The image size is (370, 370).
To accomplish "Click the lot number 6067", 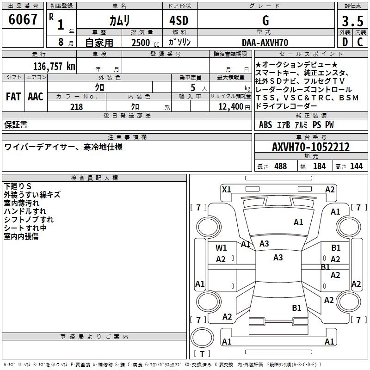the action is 23,19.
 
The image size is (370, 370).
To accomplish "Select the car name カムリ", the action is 119,20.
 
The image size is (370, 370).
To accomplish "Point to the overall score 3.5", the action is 351,21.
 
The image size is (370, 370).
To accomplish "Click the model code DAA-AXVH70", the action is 265,43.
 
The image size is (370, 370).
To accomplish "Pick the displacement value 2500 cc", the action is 142,43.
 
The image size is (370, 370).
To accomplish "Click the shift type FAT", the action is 13,97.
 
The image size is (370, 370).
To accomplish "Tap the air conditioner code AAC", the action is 36,97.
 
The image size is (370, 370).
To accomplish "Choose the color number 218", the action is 76,107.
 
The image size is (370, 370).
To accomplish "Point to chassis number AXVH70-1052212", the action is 310,147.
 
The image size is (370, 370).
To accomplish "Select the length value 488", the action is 280,166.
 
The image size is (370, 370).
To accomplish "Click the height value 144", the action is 356,166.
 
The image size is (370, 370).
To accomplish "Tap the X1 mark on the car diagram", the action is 227,189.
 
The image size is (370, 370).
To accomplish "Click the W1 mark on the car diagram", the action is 221,248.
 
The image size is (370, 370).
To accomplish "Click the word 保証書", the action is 16,125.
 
